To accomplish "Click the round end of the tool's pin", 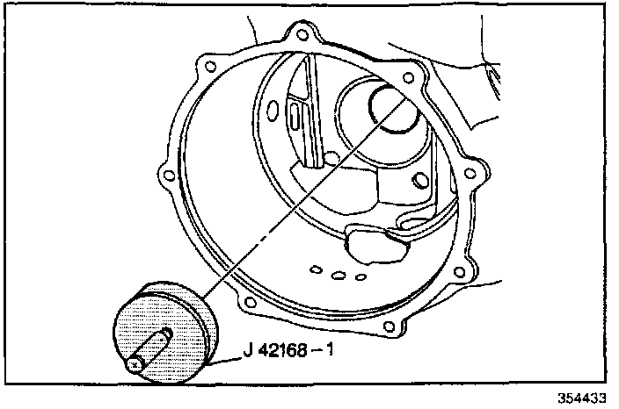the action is [135, 362].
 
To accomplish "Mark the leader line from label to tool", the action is [226, 358].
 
